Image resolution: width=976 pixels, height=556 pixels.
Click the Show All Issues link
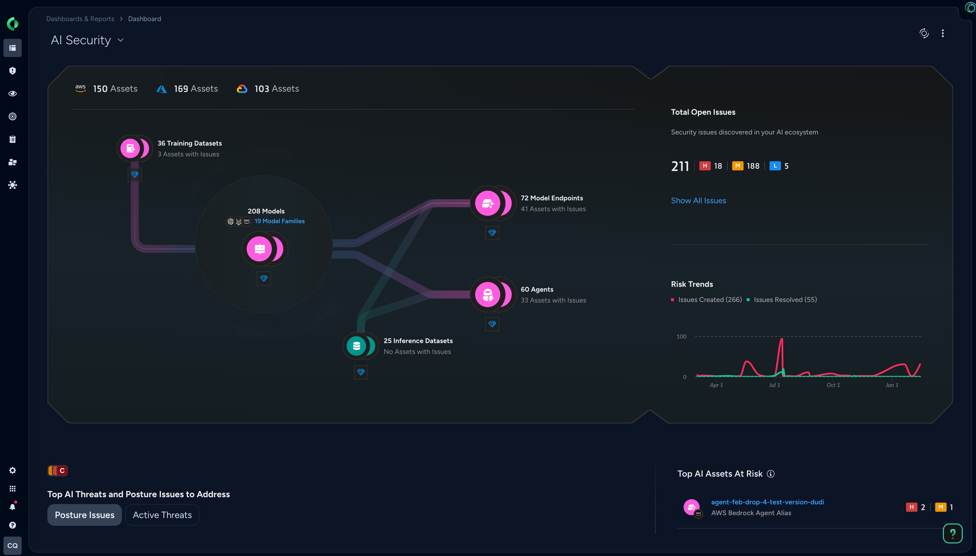(x=698, y=200)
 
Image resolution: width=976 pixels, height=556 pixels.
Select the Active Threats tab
(x=162, y=515)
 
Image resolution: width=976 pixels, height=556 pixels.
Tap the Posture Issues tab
(x=85, y=515)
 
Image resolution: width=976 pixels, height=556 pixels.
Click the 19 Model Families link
(x=280, y=221)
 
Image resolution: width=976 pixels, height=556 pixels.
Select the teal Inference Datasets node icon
(x=356, y=346)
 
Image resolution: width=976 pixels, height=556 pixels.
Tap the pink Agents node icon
(x=488, y=295)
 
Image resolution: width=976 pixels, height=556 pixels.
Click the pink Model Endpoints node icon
(x=488, y=203)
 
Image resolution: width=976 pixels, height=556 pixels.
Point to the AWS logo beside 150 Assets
(x=81, y=88)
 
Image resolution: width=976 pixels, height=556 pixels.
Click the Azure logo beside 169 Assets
(x=162, y=89)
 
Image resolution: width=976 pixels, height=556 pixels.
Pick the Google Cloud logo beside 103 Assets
(x=242, y=89)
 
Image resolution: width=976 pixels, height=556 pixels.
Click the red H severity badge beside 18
(x=705, y=166)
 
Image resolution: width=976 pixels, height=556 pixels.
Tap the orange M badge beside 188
(x=737, y=166)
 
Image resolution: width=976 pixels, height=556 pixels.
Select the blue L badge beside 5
(x=775, y=166)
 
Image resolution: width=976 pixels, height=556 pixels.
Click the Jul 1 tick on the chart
(x=774, y=385)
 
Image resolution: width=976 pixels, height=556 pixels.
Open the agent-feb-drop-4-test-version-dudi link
(x=767, y=502)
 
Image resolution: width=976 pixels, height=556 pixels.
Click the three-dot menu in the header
(x=942, y=33)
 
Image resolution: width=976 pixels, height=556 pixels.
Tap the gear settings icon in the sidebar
(x=13, y=470)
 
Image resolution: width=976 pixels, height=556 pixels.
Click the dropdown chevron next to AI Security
(x=121, y=40)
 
